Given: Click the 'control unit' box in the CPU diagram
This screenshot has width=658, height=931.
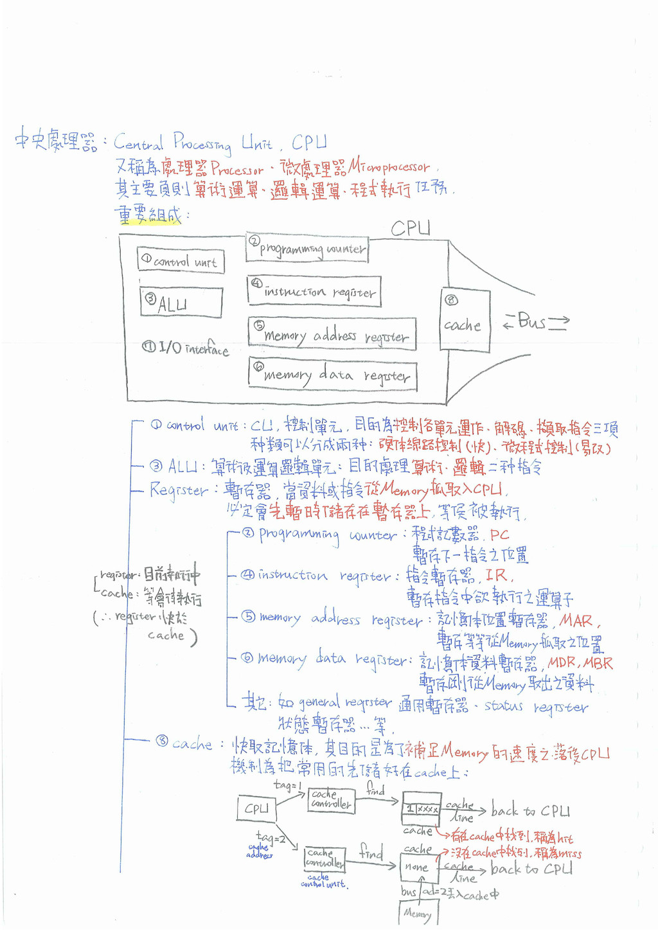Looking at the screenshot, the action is [x=181, y=260].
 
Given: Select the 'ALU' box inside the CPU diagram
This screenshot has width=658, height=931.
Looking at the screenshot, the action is [x=181, y=303].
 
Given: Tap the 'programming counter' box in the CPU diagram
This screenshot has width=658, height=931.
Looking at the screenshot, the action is [x=307, y=248].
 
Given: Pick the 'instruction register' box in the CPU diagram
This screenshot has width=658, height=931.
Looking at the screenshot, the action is [x=314, y=290].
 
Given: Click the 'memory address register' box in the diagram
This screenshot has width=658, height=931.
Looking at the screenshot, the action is [x=332, y=334].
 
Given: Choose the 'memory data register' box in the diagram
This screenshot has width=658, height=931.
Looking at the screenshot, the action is [x=333, y=375].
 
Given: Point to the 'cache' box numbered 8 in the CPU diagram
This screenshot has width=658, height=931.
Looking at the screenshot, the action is [x=465, y=319].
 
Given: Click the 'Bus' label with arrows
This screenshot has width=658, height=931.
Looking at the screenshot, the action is [x=535, y=321].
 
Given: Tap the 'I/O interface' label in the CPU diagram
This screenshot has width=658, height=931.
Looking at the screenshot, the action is [x=186, y=348].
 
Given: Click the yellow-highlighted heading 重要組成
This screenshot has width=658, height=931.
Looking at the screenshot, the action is [x=148, y=215].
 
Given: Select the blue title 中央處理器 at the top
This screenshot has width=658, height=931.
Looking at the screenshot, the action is [x=55, y=141].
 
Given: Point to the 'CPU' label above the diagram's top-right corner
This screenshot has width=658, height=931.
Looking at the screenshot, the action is [x=411, y=228].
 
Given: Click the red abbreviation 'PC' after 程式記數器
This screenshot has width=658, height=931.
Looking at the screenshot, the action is [x=499, y=535].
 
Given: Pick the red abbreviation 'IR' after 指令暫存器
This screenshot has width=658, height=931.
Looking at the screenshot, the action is [x=495, y=575].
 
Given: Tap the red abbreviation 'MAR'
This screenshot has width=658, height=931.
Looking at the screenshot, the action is [x=576, y=621].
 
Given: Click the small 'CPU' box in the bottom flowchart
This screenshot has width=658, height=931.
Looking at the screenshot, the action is [x=256, y=808].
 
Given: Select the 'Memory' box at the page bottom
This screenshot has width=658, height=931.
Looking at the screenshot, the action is [x=418, y=912].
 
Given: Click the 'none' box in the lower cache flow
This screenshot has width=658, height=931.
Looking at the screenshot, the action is [x=417, y=867].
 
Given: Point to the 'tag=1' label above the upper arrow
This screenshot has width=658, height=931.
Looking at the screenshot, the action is [x=287, y=785].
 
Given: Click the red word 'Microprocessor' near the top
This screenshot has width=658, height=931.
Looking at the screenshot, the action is [x=389, y=167].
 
